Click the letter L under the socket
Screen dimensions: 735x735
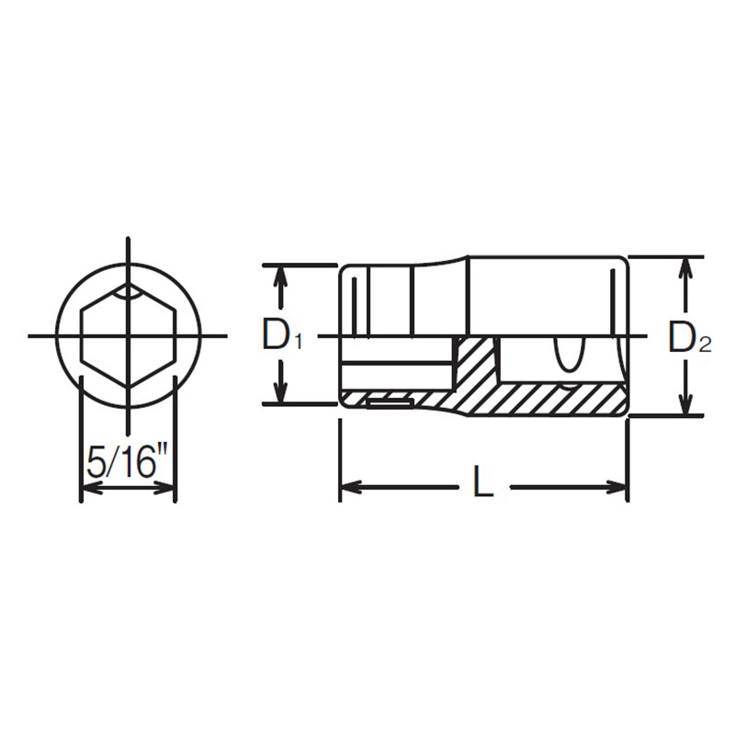482,484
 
